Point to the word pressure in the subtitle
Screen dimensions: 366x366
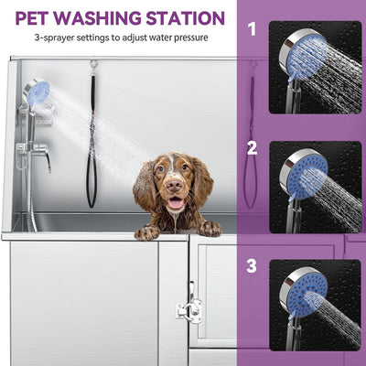(188, 38)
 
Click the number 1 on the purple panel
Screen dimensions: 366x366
(252, 29)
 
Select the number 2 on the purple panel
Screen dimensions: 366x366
(252, 147)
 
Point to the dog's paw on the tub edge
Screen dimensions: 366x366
(146, 231)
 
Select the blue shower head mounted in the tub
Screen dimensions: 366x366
(37, 91)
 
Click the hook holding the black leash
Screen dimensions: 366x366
(92, 65)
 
